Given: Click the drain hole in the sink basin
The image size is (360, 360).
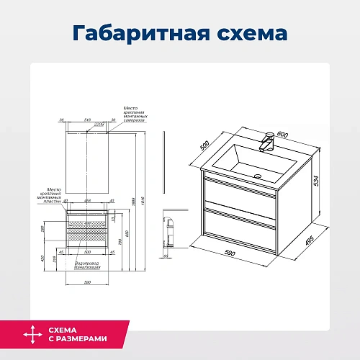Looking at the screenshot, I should pyautogui.click(x=258, y=174).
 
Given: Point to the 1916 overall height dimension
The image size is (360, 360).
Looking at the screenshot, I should pyautogui.click(x=154, y=202).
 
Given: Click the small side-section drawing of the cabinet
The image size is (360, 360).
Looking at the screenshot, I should pyautogui.click(x=169, y=234).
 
